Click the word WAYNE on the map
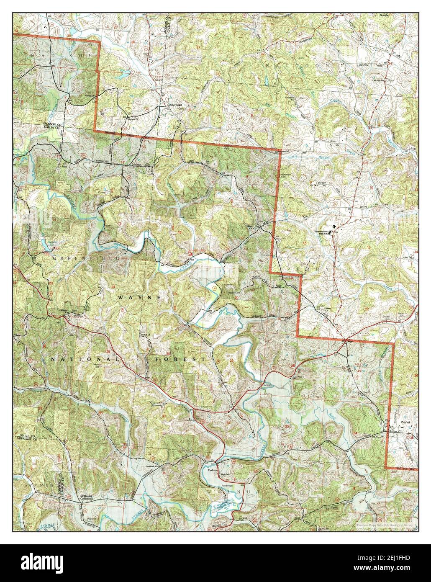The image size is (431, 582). pos(139,297)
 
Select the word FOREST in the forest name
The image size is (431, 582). pos(177,360)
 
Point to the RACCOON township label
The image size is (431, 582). pos(295,66)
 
